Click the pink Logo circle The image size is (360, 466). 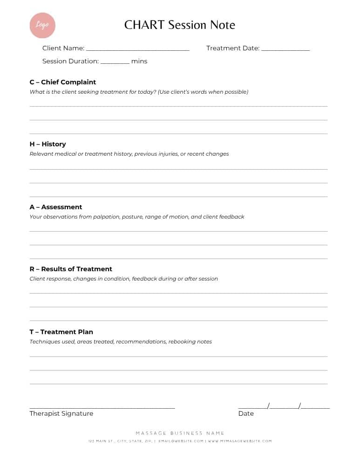point(42,25)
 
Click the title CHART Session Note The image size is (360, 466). point(180,25)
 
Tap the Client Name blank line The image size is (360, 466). point(137,48)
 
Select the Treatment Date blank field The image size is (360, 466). point(285,48)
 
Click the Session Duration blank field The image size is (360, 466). point(115,62)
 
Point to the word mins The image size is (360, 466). point(139,61)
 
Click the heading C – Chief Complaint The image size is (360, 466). point(63,82)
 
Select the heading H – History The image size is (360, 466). point(48,144)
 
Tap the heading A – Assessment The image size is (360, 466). point(56,207)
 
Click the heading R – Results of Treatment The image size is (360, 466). point(71,269)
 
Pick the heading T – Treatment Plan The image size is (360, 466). point(61,332)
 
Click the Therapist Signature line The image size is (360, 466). point(102,407)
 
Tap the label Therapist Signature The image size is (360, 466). point(61,413)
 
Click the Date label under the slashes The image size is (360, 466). point(246,413)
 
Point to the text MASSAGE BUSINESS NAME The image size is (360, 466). point(180,433)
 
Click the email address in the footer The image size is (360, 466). point(181,441)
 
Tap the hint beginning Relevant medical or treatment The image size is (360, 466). point(129,154)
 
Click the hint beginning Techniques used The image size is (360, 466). point(121,342)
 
